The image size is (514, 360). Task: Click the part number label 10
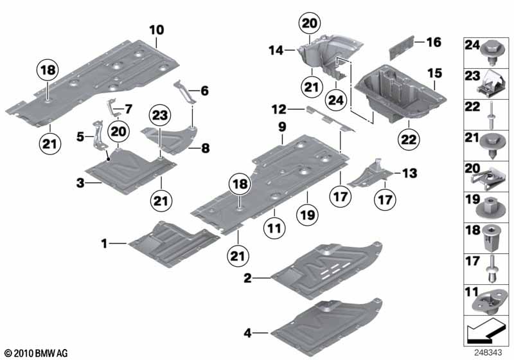(157, 30)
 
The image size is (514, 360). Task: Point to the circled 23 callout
(162, 116)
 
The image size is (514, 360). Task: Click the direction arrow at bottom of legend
(486, 335)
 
